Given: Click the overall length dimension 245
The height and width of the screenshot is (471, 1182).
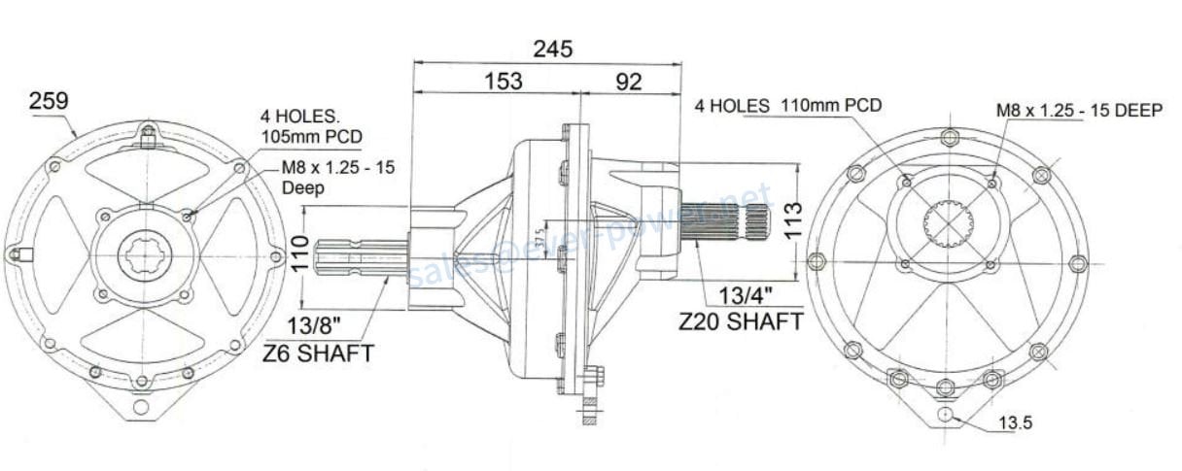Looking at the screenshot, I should click(552, 48).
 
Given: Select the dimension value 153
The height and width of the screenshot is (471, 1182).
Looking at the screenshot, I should click(503, 82).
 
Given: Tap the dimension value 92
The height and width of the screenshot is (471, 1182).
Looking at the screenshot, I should click(629, 82).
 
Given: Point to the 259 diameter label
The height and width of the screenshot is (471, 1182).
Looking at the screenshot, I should click(48, 100).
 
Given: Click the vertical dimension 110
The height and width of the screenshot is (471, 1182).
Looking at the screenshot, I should click(299, 255).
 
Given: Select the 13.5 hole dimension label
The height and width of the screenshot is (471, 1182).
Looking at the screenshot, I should click(1016, 424).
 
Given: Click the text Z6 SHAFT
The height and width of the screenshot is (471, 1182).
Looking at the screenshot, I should click(319, 353).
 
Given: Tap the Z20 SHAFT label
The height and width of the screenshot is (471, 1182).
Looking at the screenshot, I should click(742, 320).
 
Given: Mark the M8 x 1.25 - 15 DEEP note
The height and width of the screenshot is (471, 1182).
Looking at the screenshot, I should click(1079, 111).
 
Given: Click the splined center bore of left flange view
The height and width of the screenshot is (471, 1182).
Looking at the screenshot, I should click(145, 255).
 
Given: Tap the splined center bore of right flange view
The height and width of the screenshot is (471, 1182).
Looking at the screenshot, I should click(947, 225).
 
